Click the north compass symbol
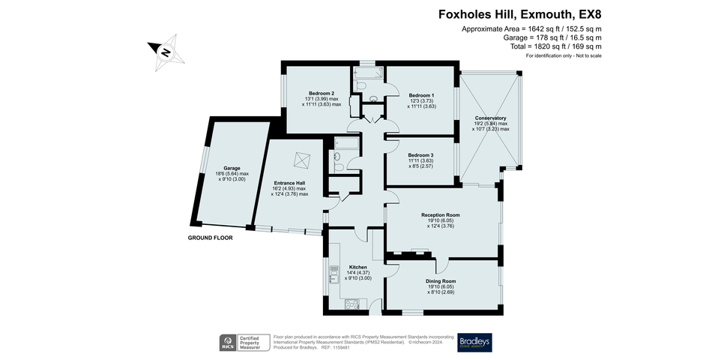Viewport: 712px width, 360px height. (166, 52)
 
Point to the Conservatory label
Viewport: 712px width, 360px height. (490, 118)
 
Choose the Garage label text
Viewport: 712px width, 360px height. (232, 168)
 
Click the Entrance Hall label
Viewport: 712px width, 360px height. (289, 183)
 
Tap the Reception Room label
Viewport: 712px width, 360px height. (441, 215)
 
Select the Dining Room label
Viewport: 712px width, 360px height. (441, 281)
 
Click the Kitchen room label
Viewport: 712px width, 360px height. (357, 267)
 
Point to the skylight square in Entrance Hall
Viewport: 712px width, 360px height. (301, 160)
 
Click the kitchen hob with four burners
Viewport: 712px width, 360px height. (352, 304)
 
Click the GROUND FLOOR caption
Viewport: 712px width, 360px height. (211, 238)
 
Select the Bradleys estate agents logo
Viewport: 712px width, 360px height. (474, 342)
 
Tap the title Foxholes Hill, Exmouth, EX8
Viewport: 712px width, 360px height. (520, 14)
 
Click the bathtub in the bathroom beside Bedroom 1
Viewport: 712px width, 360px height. (369, 73)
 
